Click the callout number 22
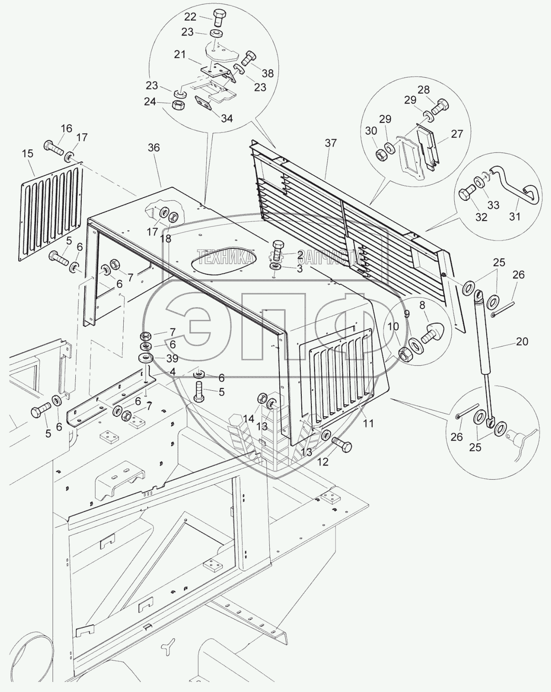190,17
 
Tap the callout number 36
154,148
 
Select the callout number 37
331,143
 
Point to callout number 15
28,153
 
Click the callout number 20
522,341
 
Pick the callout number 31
515,217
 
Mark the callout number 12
323,462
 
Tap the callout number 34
227,118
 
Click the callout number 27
457,134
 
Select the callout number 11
368,423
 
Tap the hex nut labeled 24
178,105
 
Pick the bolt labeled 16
54,147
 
